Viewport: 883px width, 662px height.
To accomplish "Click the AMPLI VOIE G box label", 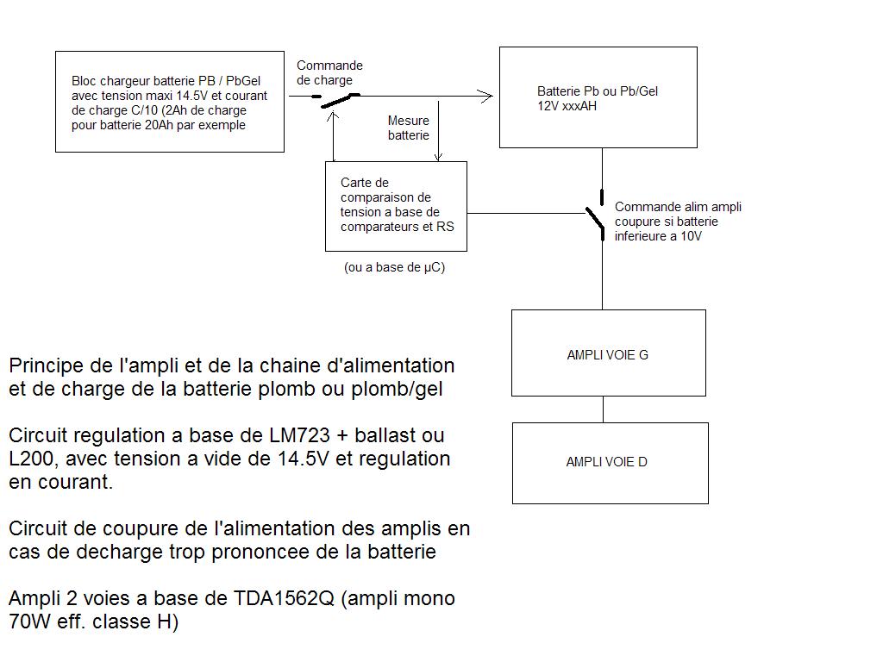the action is (x=607, y=354).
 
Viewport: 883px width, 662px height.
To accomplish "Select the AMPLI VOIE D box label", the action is (x=606, y=462).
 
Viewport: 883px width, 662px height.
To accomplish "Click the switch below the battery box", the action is (x=596, y=221).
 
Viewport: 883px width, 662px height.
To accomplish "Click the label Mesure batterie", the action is (x=408, y=128).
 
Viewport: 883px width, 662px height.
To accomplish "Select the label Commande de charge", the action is (x=329, y=72).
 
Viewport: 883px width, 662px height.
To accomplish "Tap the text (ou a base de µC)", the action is (x=394, y=267).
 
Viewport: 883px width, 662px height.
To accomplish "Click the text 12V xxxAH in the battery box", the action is (x=567, y=106).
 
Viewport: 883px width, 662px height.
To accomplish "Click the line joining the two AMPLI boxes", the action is (x=603, y=409).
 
